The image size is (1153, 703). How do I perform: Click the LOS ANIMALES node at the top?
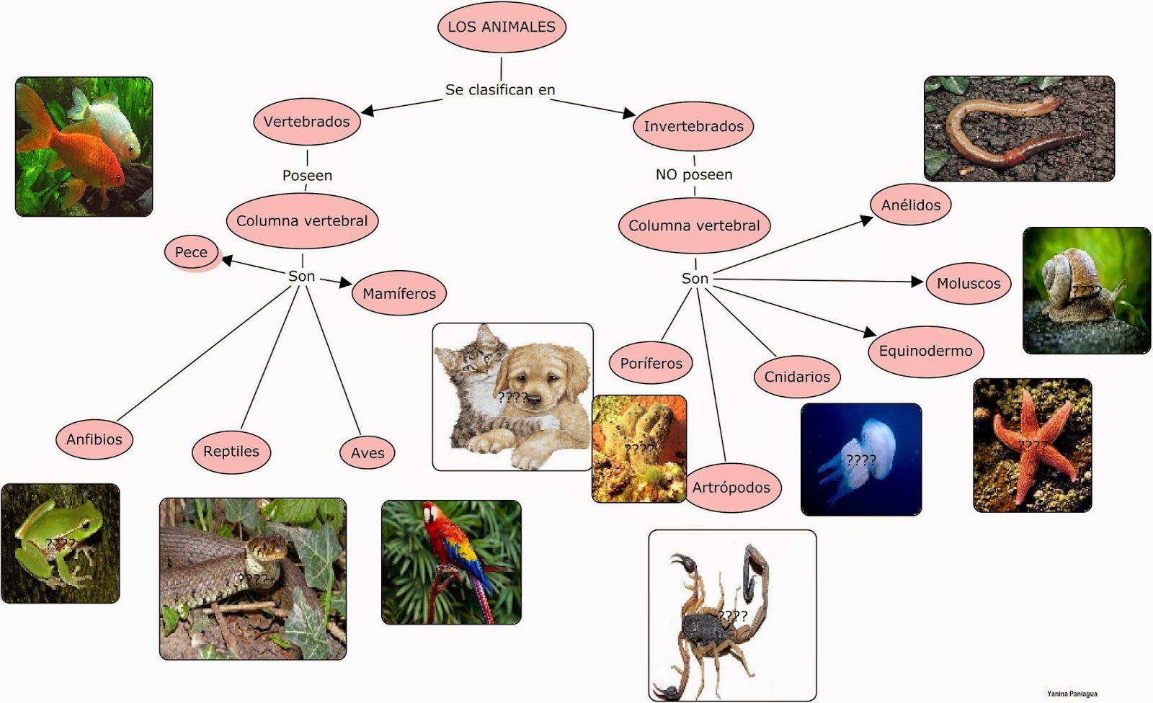502,27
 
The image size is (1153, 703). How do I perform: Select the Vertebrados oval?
306,122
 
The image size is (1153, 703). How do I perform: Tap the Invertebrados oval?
693,127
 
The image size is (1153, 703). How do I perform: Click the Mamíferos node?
399,294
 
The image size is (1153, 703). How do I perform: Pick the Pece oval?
192,252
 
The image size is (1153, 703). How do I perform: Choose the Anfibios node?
94,439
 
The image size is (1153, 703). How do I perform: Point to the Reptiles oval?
231,452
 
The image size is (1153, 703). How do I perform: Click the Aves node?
368,453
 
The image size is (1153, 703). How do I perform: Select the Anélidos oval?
911,205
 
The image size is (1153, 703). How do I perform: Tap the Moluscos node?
969,284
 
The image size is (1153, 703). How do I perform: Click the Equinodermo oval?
926,351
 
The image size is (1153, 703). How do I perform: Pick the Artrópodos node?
731,488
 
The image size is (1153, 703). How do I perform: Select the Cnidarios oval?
797,377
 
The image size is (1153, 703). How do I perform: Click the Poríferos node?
651,363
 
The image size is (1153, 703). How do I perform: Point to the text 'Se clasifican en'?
500,90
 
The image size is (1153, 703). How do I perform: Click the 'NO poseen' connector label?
694,175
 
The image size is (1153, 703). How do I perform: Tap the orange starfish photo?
1032,445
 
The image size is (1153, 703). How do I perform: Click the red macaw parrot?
451,562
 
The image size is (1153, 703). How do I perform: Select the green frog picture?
61,543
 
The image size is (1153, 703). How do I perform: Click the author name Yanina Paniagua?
1072,694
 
